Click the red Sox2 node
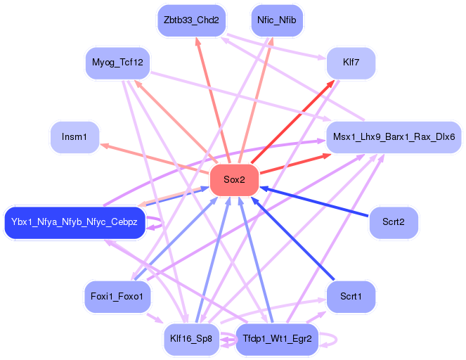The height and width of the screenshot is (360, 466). point(234,180)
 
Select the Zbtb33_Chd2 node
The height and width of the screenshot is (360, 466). point(191,20)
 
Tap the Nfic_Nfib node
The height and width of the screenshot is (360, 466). point(277,20)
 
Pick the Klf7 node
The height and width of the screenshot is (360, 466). point(350,64)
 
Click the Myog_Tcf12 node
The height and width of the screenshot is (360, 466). point(118,63)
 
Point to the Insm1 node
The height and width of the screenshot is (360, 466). point(75,136)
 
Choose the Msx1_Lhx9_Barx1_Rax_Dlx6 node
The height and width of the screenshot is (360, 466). point(394,136)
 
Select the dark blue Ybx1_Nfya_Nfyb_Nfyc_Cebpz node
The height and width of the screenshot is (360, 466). point(75,223)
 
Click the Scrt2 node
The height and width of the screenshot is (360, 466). point(394,223)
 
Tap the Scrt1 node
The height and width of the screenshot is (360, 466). point(350,296)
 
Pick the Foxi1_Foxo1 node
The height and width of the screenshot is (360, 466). point(117,296)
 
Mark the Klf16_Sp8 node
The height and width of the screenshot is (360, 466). point(191,339)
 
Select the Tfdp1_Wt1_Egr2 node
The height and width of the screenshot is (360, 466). point(277,339)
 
